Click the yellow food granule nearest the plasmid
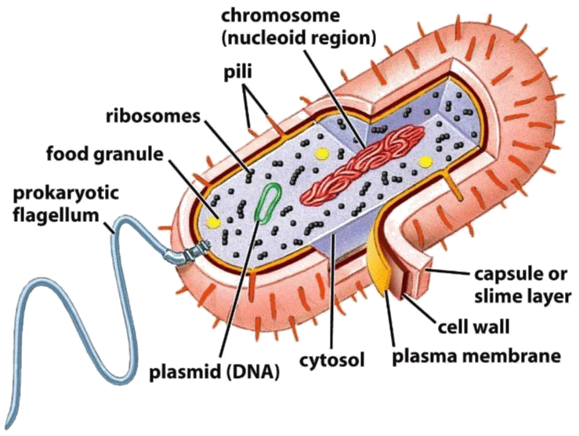pos(212,222)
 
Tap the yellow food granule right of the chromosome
pos(426,161)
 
